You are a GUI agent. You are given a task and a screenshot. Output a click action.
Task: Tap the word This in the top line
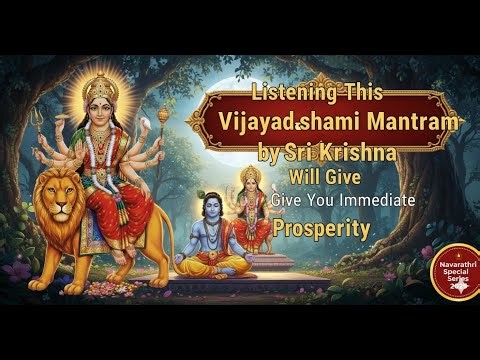[351, 95]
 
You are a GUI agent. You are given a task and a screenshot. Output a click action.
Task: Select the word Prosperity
[322, 228]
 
